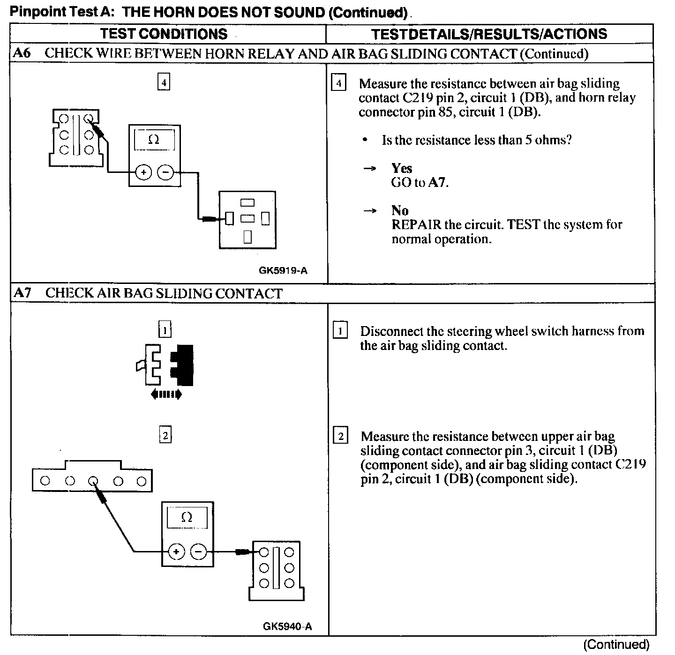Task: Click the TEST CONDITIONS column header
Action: point(164,34)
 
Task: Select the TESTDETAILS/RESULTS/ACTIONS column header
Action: point(489,34)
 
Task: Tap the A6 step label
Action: point(22,53)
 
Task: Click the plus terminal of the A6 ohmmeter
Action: point(143,172)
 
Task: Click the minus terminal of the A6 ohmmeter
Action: point(165,172)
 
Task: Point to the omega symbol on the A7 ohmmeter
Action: point(186,518)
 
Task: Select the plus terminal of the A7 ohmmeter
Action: point(176,552)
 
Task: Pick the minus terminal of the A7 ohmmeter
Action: point(199,552)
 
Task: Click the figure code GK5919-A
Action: point(283,270)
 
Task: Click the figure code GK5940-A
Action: point(287,626)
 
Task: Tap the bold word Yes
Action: point(402,168)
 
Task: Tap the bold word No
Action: point(400,210)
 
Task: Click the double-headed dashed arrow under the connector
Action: point(166,395)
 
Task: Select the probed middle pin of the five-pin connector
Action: point(93,481)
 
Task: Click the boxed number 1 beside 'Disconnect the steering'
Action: point(340,331)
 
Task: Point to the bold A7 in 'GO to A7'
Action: point(437,182)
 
